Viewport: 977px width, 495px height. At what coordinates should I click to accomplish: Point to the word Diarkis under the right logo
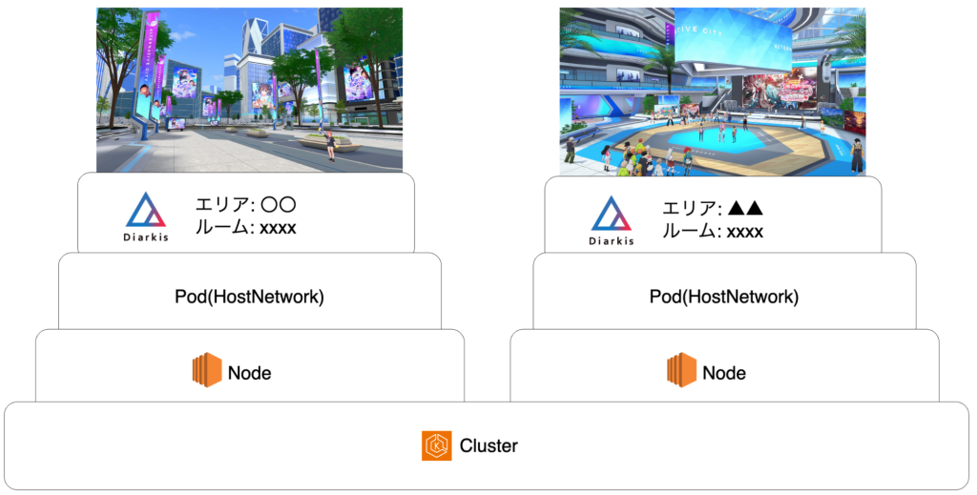(612, 240)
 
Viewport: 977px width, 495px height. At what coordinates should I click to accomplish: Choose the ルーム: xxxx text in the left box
(245, 228)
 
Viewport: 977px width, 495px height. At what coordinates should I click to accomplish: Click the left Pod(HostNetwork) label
(249, 297)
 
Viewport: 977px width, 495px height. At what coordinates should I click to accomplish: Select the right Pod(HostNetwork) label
(724, 297)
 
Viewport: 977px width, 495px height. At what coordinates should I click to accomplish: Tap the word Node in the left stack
(249, 373)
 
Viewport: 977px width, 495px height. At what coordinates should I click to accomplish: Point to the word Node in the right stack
(724, 373)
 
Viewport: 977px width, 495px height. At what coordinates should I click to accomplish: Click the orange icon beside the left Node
(206, 370)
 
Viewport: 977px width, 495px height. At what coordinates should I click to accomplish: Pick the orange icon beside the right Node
(681, 370)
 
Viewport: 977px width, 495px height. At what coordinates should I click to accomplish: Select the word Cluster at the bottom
(488, 445)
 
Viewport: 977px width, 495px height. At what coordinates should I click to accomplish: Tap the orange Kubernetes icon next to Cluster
(436, 445)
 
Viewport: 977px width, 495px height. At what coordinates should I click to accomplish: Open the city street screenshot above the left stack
(249, 90)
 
